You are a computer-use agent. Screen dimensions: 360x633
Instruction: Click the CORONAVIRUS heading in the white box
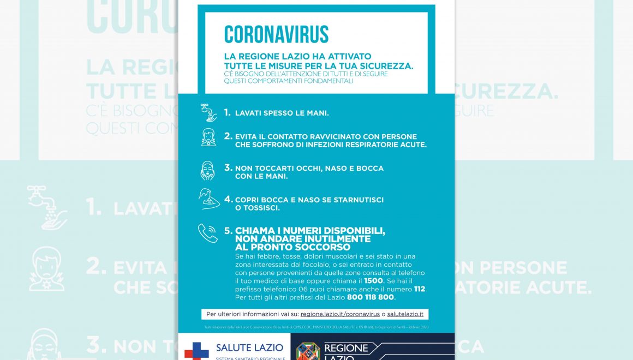click(276, 34)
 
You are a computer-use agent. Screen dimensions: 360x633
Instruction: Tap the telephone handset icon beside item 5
click(207, 233)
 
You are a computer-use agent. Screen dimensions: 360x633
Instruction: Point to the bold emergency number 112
click(419, 289)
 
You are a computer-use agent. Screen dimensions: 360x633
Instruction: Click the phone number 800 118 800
click(371, 297)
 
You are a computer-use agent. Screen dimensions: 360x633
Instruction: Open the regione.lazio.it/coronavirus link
click(340, 314)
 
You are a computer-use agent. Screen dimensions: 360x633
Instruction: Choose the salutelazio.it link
click(405, 314)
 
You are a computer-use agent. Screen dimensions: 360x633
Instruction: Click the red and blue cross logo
click(196, 350)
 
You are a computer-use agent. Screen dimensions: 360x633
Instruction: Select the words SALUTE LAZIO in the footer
click(249, 347)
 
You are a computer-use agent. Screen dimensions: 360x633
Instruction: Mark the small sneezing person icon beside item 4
click(208, 200)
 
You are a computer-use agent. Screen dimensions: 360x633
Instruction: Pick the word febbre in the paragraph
click(264, 256)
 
